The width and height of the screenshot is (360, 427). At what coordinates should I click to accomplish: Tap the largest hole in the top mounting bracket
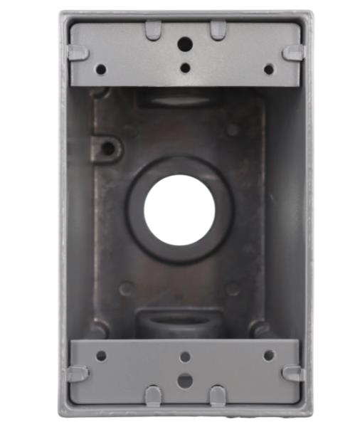click(x=185, y=44)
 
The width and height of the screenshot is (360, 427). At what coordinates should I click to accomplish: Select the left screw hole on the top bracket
click(x=101, y=69)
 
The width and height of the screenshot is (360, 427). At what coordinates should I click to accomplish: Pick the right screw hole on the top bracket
click(x=269, y=69)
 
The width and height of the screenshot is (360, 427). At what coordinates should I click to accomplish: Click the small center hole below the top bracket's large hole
click(x=185, y=68)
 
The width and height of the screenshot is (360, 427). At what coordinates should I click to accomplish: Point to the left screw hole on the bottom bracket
click(x=101, y=355)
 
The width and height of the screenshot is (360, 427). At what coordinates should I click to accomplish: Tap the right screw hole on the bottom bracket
click(x=269, y=355)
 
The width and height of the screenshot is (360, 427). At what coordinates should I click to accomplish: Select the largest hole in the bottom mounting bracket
click(x=185, y=381)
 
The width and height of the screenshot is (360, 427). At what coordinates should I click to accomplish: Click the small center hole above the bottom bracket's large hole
click(x=185, y=357)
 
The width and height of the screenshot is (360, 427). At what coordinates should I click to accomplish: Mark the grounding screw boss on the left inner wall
click(x=109, y=148)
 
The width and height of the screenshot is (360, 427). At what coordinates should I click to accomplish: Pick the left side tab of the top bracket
click(x=78, y=53)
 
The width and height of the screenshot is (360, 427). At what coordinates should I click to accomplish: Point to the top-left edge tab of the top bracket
click(x=153, y=30)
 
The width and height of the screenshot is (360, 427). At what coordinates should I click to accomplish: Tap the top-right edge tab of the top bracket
click(x=218, y=30)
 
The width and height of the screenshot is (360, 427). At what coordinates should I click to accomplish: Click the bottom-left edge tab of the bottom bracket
click(x=153, y=396)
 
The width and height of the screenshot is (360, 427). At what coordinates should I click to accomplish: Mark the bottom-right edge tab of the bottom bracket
click(x=218, y=396)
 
